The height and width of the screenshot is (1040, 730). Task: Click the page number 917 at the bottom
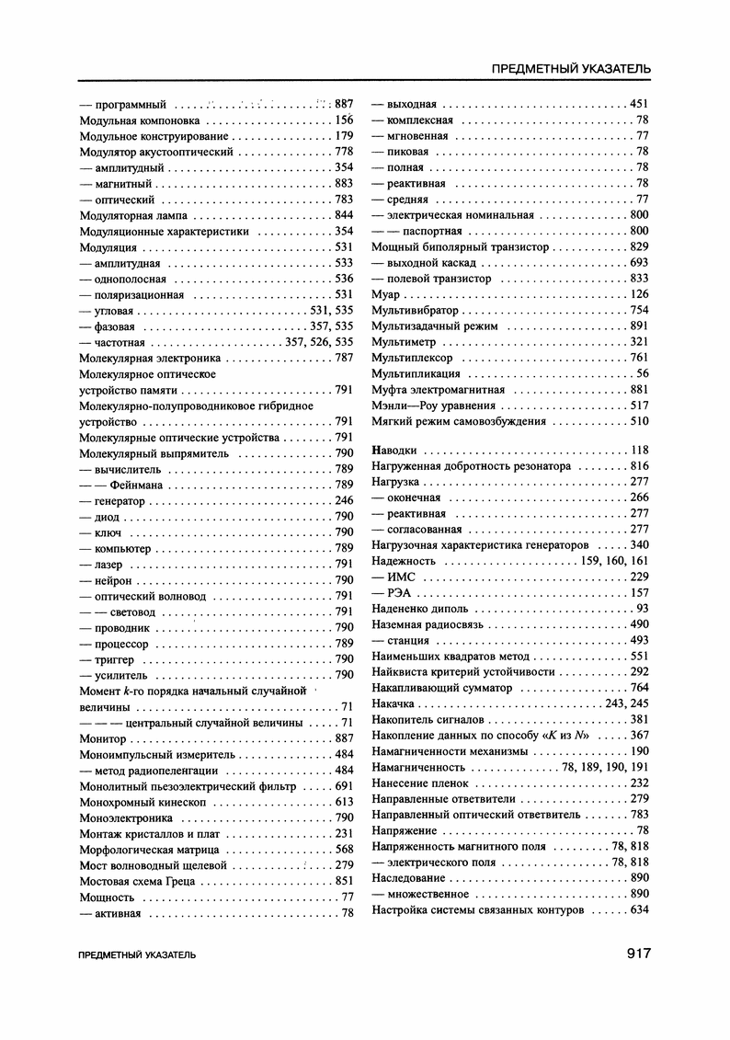tap(633, 954)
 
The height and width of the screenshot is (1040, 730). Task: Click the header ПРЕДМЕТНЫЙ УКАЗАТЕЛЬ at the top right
tap(572, 68)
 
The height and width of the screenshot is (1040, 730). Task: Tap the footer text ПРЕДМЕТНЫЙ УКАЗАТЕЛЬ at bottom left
tap(138, 955)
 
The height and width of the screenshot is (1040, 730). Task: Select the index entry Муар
tap(386, 294)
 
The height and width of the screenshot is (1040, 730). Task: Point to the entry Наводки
tap(394, 451)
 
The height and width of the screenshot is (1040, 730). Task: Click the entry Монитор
tap(103, 738)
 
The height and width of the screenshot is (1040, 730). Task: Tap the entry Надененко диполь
tap(419, 609)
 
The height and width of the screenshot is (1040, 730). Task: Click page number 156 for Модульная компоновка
tap(344, 120)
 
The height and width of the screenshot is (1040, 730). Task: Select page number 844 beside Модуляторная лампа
tap(344, 215)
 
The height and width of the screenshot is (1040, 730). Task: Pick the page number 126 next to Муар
tap(639, 294)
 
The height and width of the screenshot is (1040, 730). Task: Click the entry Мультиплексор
tap(412, 358)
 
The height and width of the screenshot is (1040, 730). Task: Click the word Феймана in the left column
tap(137, 485)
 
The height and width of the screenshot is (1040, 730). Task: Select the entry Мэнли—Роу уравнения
tap(433, 406)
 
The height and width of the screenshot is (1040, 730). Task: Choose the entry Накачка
tap(394, 703)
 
